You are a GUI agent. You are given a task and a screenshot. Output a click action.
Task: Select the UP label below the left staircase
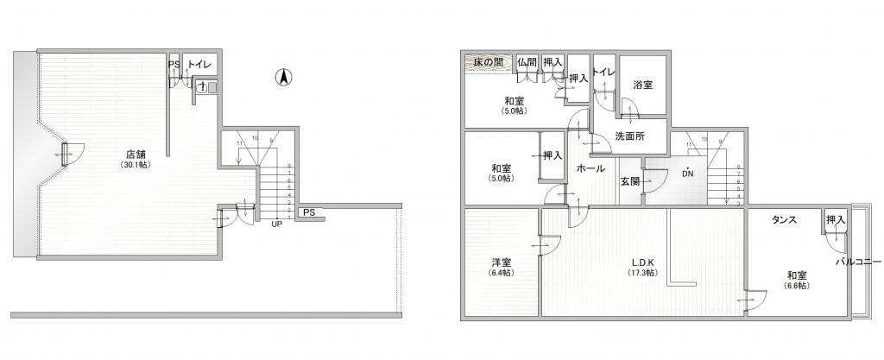point(277,224)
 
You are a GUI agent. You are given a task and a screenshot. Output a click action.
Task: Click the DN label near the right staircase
point(688,174)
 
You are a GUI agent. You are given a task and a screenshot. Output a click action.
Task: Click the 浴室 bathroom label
point(642,85)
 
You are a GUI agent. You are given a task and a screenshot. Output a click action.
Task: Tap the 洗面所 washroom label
point(630,136)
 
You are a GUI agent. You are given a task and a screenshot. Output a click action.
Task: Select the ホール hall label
point(590,167)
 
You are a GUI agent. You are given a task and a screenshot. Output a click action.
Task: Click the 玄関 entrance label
point(630,181)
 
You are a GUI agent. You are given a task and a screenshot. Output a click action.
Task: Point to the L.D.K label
point(642,262)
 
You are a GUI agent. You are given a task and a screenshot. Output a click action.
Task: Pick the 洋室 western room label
point(502,262)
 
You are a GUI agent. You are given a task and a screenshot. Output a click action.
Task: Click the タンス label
point(785,220)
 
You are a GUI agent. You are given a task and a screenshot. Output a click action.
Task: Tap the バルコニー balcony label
point(858,262)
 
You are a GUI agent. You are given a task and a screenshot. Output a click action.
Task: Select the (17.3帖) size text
point(642,273)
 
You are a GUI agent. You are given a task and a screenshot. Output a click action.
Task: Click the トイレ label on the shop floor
point(199,65)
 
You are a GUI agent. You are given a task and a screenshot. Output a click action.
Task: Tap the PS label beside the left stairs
point(308,212)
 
